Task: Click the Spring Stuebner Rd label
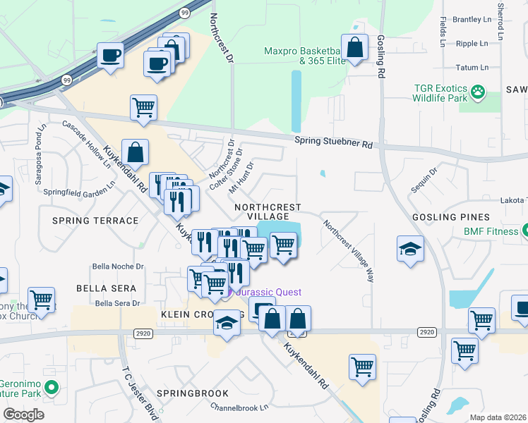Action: [x=333, y=142]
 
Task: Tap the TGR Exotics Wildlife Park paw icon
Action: [x=479, y=92]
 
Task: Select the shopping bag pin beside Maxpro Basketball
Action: [x=355, y=48]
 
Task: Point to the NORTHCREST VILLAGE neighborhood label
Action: [x=268, y=211]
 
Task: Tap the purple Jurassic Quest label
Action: [x=268, y=292]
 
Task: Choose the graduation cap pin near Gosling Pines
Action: [x=410, y=250]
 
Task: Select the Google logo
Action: [x=24, y=415]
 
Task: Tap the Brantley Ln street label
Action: [x=471, y=20]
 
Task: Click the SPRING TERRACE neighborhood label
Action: [x=95, y=221]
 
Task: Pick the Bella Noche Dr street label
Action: [x=119, y=266]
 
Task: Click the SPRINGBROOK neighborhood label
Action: [x=193, y=393]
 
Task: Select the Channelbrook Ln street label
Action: [x=240, y=407]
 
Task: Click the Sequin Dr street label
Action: [x=424, y=180]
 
